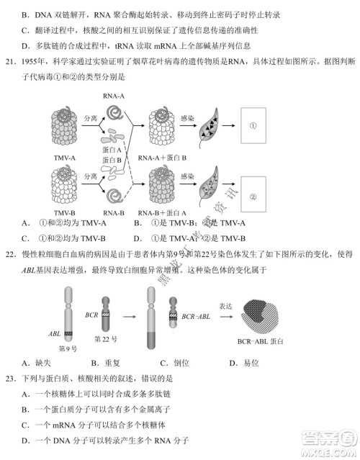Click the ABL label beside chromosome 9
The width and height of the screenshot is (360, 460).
point(55,333)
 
